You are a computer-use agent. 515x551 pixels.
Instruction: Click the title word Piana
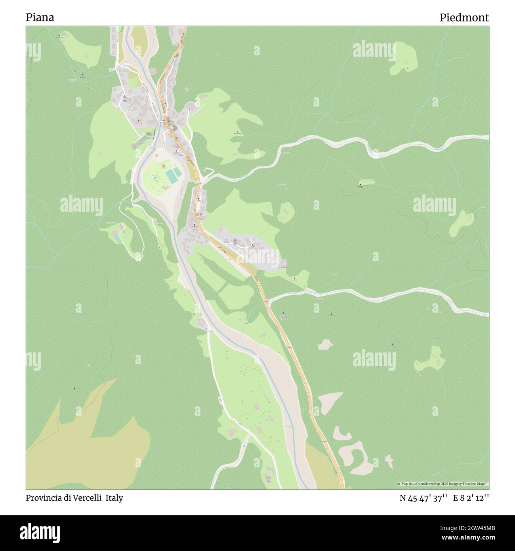tap(40, 17)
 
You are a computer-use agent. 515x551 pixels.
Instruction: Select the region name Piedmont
tap(464, 17)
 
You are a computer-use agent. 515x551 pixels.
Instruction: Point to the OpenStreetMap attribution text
tap(443, 484)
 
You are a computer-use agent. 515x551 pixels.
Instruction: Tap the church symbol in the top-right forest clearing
tap(408, 68)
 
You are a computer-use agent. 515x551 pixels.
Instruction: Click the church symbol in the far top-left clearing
tap(61, 36)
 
